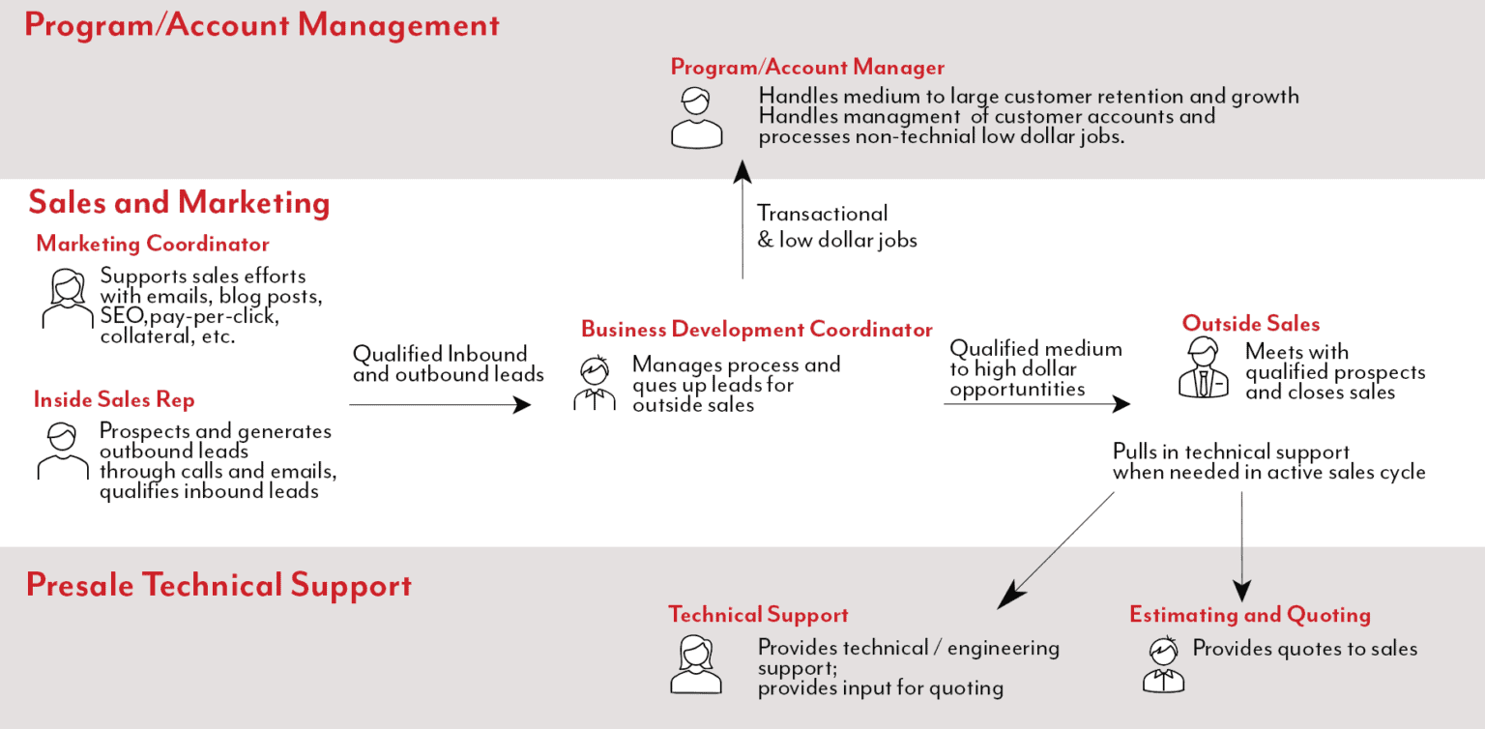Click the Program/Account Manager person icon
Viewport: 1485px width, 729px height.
(x=696, y=118)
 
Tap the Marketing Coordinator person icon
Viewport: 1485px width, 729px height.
(x=66, y=299)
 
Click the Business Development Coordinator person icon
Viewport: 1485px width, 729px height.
(x=595, y=384)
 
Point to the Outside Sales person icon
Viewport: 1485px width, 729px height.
(x=1204, y=368)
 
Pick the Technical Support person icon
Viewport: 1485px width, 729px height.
(x=695, y=664)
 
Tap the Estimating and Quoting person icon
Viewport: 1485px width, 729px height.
(x=1163, y=664)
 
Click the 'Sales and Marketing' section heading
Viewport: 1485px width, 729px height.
(x=179, y=203)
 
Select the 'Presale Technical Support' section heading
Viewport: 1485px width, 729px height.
(x=218, y=585)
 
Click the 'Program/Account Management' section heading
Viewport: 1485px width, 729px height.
(x=262, y=25)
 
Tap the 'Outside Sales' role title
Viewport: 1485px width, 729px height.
(x=1250, y=324)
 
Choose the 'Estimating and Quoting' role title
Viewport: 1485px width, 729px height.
(x=1249, y=615)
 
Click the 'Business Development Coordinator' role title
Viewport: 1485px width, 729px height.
(x=756, y=330)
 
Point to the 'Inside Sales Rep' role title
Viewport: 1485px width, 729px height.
(x=114, y=399)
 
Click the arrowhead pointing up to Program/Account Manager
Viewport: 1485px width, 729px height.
(x=742, y=172)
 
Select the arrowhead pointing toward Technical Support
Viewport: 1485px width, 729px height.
(x=1010, y=596)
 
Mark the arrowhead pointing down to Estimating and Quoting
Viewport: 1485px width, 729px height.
(x=1242, y=591)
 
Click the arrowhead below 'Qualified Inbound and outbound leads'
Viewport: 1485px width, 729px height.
(x=522, y=404)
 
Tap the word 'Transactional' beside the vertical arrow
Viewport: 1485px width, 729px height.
(x=822, y=214)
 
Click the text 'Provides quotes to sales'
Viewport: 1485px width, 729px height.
(x=1304, y=649)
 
